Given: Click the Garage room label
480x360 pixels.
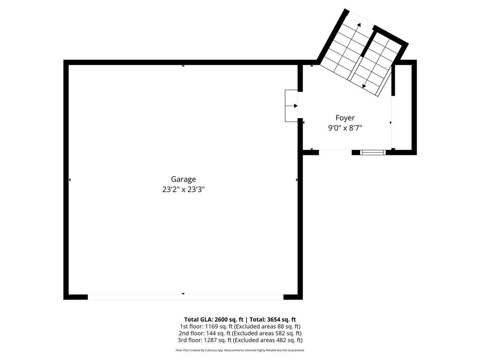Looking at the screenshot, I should (x=183, y=179).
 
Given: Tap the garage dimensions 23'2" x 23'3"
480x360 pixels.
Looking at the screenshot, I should (x=183, y=189).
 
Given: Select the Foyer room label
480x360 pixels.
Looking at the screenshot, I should (x=345, y=118).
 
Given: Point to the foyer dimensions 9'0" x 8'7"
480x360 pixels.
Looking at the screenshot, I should (x=345, y=128).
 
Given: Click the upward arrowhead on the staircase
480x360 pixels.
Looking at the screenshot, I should (x=359, y=25).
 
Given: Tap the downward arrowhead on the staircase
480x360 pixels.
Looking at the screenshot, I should (x=364, y=86).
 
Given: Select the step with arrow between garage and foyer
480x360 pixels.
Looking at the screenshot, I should (x=291, y=106).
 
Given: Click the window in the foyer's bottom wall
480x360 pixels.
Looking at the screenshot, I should (x=373, y=152).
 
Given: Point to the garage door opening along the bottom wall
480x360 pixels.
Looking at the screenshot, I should (x=186, y=297).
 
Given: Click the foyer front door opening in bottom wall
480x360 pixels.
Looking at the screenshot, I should (x=335, y=152).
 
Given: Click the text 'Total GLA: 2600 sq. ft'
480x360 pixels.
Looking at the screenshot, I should (x=213, y=319).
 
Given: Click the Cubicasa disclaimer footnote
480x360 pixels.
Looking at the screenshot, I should (x=240, y=350).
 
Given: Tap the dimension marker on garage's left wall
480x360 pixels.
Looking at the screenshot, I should (x=70, y=180).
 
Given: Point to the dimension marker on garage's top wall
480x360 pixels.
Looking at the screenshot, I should (x=183, y=65).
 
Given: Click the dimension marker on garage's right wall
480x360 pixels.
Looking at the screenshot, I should (x=297, y=180).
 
